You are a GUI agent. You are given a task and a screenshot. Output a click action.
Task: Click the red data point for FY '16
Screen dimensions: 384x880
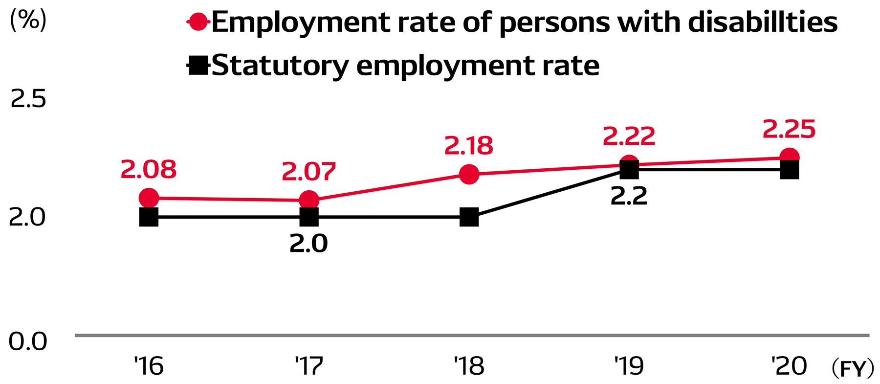(149, 198)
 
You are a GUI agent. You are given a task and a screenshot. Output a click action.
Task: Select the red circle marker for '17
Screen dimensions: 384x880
(309, 200)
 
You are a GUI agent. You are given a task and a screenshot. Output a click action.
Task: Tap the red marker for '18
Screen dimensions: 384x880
(469, 174)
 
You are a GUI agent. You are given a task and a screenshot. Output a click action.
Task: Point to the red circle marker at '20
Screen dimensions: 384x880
(789, 158)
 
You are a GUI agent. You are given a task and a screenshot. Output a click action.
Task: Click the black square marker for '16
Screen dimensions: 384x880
(149, 217)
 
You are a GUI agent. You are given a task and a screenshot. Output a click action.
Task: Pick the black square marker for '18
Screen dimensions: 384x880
(469, 217)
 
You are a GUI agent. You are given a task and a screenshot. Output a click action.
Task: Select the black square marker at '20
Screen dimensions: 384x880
(789, 170)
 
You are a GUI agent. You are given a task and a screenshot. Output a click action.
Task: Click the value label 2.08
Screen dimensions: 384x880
(148, 170)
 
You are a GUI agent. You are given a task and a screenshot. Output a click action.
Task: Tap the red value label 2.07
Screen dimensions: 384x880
(309, 172)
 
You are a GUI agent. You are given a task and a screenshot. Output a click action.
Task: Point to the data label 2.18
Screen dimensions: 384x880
(469, 146)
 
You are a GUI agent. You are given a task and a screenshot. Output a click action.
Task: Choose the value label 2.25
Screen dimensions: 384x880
(789, 130)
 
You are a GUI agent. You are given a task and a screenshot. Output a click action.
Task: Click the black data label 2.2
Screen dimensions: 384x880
(629, 196)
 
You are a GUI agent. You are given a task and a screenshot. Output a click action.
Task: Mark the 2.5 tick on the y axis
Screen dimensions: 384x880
(28, 99)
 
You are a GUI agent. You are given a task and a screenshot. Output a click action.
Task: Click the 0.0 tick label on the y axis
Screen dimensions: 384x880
(28, 341)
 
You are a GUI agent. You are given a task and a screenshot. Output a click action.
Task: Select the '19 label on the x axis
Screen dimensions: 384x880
(629, 366)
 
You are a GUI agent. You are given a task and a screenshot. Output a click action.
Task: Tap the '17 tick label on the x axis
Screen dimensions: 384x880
(309, 366)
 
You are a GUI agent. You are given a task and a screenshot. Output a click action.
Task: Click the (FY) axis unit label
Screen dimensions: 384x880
(853, 369)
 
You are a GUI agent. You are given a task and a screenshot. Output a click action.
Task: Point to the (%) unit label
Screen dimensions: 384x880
(28, 21)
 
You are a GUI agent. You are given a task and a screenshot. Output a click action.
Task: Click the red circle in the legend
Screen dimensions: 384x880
(198, 22)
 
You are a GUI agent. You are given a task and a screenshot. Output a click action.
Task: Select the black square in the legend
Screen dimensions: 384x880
(198, 65)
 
